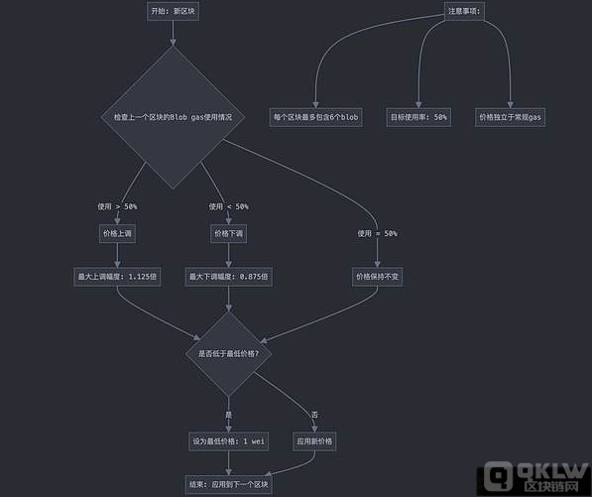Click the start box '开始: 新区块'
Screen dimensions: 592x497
tap(173, 11)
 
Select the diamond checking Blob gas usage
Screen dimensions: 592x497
tap(173, 117)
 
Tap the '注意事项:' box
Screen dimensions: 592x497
tap(464, 11)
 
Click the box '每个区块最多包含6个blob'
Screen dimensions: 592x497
tap(315, 117)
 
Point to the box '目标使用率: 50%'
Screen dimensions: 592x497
tap(418, 117)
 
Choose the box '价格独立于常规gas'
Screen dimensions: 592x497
tap(510, 117)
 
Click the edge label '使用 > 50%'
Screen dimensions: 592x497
tap(117, 206)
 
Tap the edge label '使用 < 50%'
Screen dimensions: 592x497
tap(228, 206)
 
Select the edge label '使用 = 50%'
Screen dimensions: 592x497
tap(377, 233)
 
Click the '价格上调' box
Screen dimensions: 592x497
tap(117, 233)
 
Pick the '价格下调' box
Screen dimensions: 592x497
tap(228, 233)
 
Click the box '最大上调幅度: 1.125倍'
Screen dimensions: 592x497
tap(117, 277)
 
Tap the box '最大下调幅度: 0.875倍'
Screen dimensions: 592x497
tap(228, 277)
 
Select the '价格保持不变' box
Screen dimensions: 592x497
tap(377, 277)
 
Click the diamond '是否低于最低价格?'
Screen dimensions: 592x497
tap(228, 354)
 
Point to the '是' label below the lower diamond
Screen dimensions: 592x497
tap(228, 415)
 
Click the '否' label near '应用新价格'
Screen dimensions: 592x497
tap(314, 415)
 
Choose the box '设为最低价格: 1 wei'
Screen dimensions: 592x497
tap(228, 441)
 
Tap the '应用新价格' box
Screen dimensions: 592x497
tap(314, 441)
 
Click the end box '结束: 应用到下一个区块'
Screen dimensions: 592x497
tap(228, 484)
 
